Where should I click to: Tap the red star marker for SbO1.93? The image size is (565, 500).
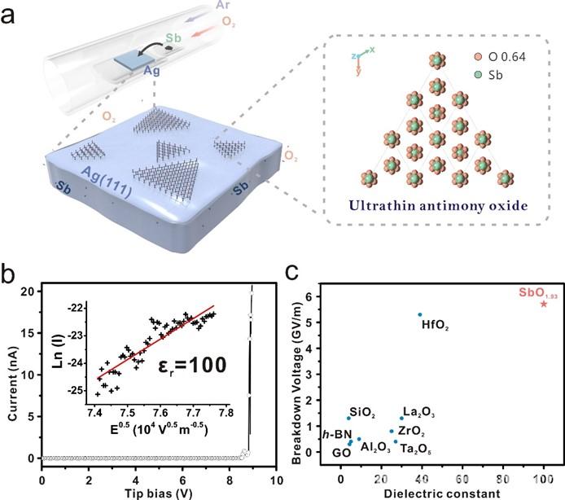tap(544, 304)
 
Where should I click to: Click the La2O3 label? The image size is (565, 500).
tap(418, 413)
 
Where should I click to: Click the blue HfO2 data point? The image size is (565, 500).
tap(420, 314)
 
